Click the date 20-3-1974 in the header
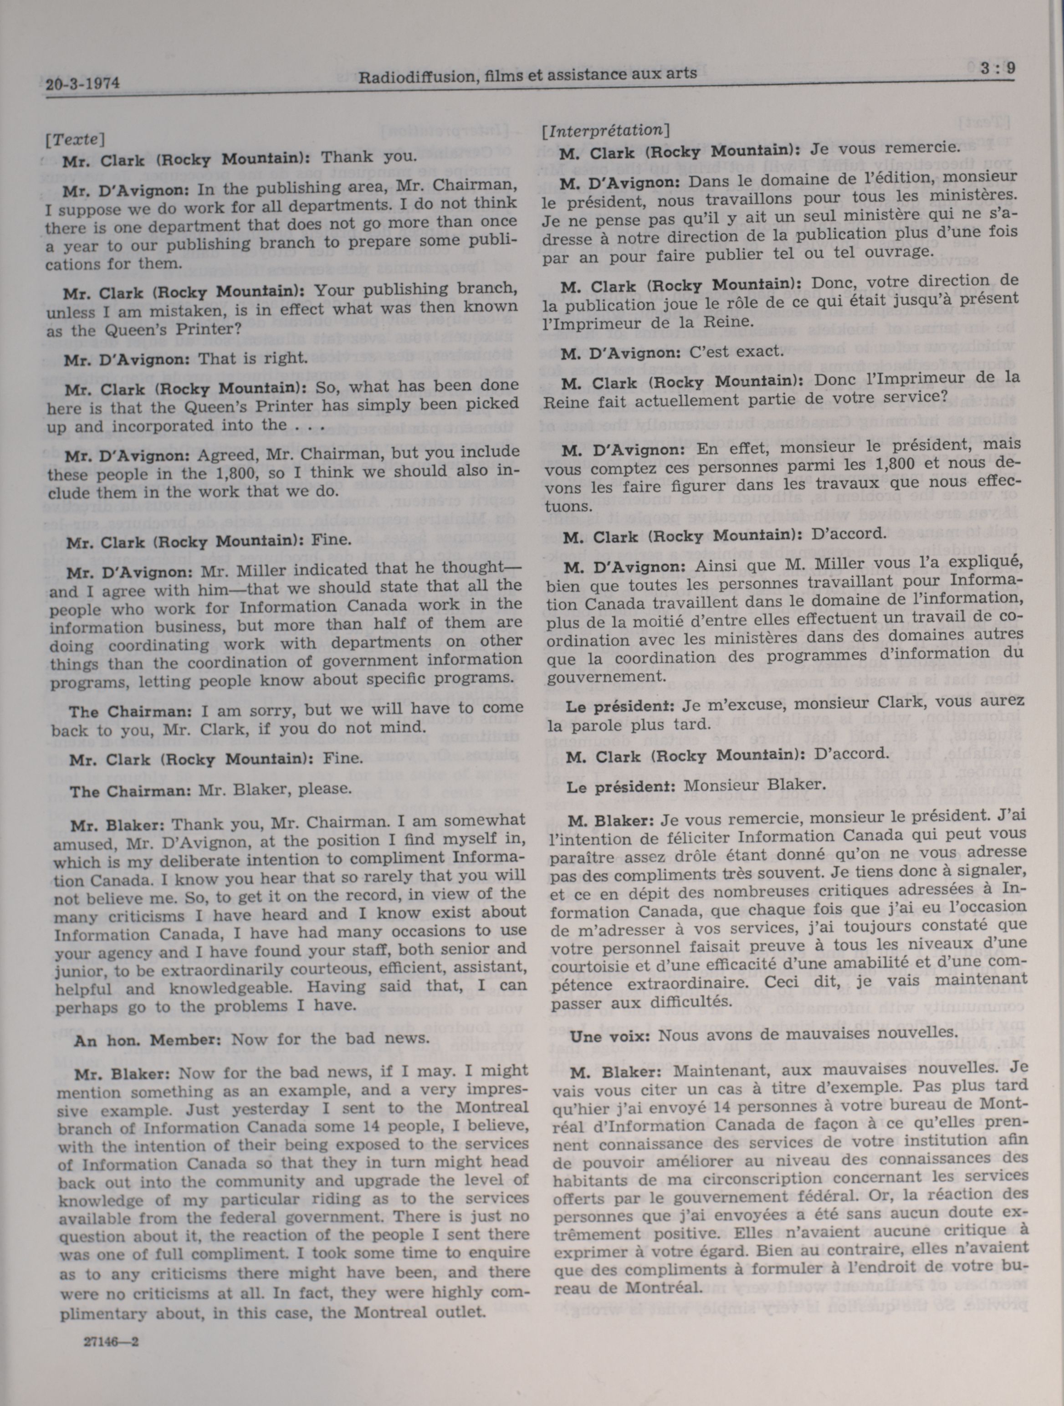coord(82,83)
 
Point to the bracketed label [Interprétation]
coord(604,130)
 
